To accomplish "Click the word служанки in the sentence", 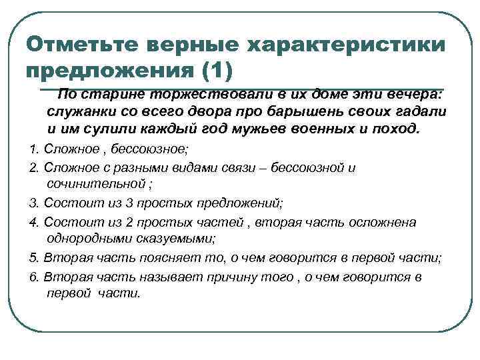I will [x=79, y=111].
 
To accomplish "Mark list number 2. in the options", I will [x=35, y=168].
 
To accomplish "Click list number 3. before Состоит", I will [x=35, y=203].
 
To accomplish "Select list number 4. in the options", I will [x=35, y=222].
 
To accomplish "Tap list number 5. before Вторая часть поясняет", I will [x=35, y=257].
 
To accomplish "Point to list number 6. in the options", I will [x=35, y=276].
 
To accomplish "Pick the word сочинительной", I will [x=93, y=185].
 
